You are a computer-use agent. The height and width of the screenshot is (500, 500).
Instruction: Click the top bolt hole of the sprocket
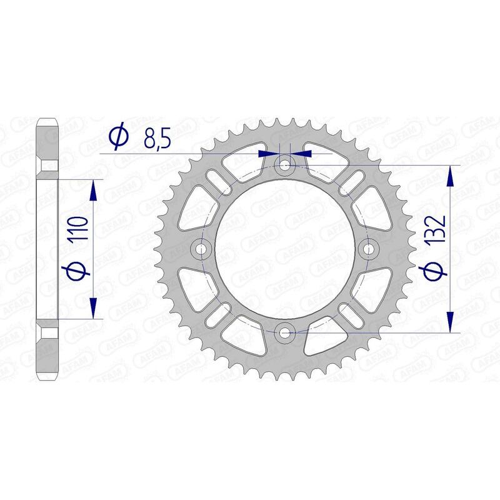286,166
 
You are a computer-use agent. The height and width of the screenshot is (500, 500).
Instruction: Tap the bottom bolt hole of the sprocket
286,332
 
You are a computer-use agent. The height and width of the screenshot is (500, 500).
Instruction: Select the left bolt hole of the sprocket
202,249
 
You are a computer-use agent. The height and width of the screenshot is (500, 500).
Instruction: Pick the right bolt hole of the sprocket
369,249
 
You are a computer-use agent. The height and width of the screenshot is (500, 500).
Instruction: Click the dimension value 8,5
157,137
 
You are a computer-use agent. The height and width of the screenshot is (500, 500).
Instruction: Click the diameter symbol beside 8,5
118,137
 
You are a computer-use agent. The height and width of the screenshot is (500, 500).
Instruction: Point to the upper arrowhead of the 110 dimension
94,191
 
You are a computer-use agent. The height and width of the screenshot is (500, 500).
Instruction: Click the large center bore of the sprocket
286,249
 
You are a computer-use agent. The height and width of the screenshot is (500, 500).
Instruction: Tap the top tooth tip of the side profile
47,121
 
